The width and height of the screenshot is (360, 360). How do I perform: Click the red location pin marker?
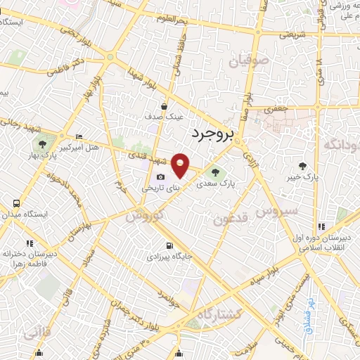point(180,165)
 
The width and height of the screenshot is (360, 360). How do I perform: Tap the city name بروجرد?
point(217,133)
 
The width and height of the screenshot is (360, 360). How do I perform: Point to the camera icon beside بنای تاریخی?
point(161,176)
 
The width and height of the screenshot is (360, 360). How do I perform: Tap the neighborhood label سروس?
point(276,210)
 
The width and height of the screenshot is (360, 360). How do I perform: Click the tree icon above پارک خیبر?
point(303,167)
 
